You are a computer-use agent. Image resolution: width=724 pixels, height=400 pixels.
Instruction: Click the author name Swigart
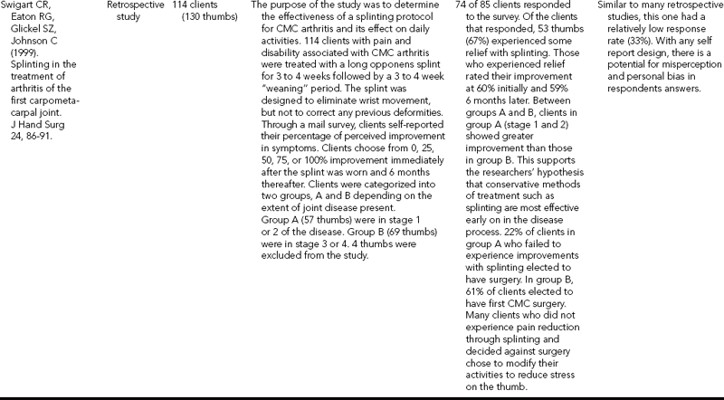[x=18, y=7]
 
